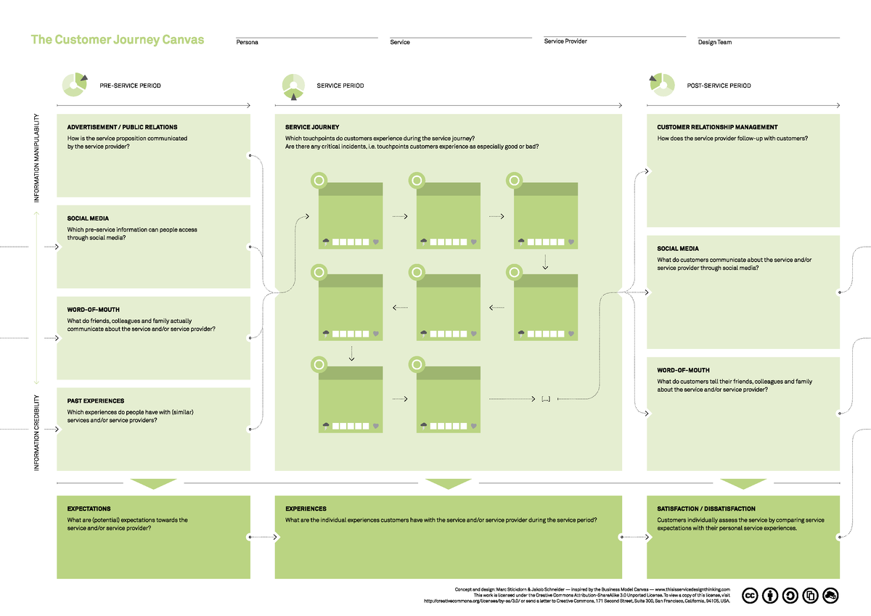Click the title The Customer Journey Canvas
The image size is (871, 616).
(x=117, y=40)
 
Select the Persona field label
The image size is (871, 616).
(x=247, y=42)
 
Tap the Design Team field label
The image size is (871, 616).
(x=714, y=42)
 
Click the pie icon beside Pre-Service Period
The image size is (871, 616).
(x=75, y=84)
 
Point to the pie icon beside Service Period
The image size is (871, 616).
(x=293, y=86)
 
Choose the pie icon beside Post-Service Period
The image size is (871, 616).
(x=661, y=83)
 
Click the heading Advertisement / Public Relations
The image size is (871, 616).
(x=122, y=127)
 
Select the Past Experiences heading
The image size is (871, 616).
(x=95, y=401)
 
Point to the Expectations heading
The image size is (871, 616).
(x=89, y=509)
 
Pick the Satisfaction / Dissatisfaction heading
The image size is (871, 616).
(x=706, y=509)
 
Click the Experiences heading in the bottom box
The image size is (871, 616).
(x=306, y=509)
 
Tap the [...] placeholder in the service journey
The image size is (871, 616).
(x=546, y=399)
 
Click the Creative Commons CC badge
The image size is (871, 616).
(x=749, y=596)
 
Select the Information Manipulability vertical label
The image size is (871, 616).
(x=36, y=157)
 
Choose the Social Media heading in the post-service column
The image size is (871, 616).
(x=678, y=249)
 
